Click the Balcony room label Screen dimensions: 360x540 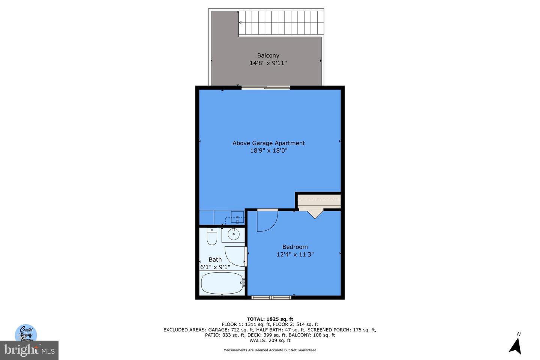click(268, 55)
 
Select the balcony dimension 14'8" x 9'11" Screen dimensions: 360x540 click(268, 63)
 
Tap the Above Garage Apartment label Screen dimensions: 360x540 click(268, 143)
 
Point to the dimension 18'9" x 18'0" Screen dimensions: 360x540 click(268, 150)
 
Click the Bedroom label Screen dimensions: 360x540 click(295, 247)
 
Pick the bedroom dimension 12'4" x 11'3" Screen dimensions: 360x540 click(295, 254)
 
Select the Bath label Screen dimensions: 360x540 click(215, 259)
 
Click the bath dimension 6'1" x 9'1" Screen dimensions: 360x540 click(215, 267)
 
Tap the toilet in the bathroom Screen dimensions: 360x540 click(212, 236)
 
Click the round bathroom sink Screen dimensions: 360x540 click(233, 234)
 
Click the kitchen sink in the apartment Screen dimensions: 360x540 click(237, 217)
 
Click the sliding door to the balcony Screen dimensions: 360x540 click(265, 88)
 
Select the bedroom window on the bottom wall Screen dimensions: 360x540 click(271, 298)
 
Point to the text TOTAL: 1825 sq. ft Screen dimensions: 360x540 click(270, 319)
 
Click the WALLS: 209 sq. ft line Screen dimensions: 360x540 click(270, 340)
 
